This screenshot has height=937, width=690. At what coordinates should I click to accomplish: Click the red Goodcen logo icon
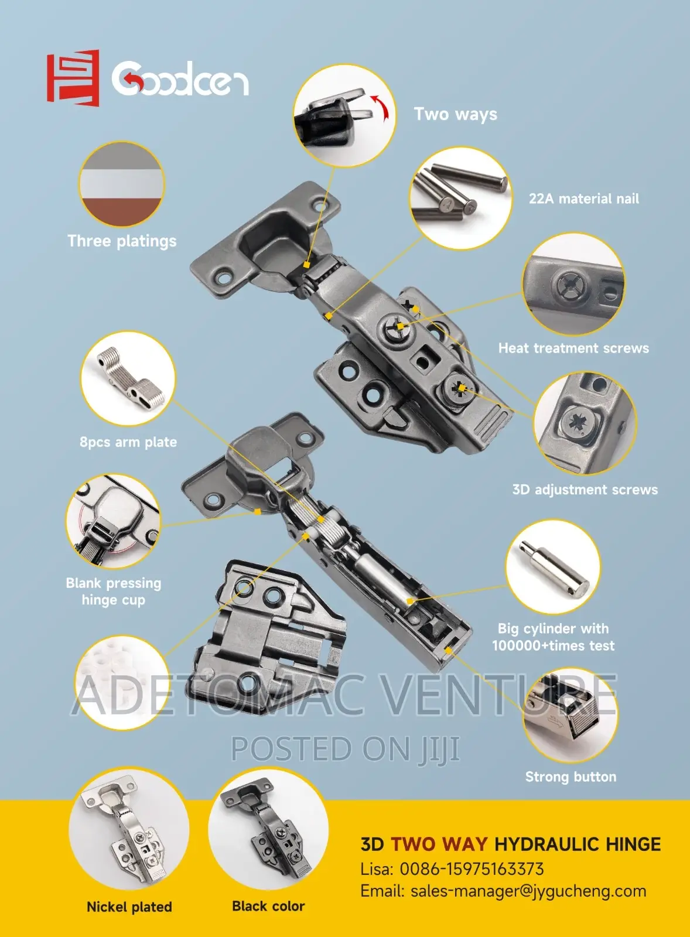(x=73, y=77)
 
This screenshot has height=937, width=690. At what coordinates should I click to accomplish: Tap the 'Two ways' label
(x=456, y=115)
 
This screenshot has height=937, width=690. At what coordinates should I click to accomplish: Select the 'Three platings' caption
(x=122, y=241)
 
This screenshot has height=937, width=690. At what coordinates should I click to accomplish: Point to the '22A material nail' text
(x=584, y=199)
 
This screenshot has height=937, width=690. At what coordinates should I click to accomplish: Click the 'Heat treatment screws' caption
(x=573, y=348)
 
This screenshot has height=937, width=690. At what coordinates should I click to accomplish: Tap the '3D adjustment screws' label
(x=585, y=490)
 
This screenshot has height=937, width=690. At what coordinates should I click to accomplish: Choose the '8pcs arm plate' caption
(x=128, y=442)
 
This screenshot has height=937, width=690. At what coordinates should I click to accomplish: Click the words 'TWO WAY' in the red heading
(x=439, y=844)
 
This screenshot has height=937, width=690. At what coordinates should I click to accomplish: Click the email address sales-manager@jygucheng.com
(x=528, y=891)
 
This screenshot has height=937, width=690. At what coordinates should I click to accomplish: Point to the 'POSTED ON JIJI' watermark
(x=345, y=749)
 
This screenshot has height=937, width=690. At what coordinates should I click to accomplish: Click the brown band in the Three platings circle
(x=121, y=212)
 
